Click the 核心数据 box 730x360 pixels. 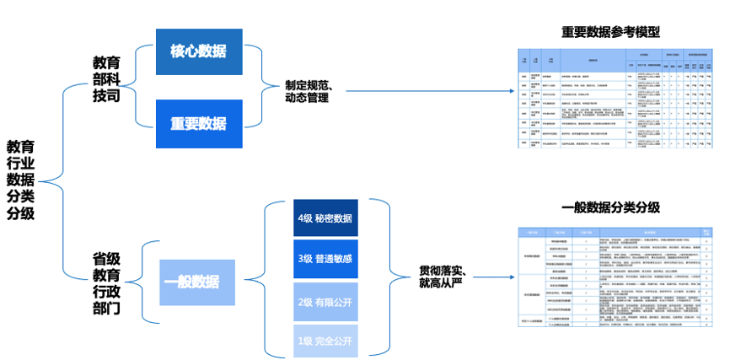pyautogui.click(x=199, y=51)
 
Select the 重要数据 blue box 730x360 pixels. pyautogui.click(x=199, y=123)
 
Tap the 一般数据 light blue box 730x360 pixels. pyautogui.click(x=195, y=282)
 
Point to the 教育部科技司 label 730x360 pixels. pyautogui.click(x=106, y=80)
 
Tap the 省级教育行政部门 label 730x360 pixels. pyautogui.click(x=106, y=282)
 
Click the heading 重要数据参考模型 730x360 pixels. pyautogui.click(x=610, y=32)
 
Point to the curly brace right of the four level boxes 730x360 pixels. pyautogui.click(x=384, y=279)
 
